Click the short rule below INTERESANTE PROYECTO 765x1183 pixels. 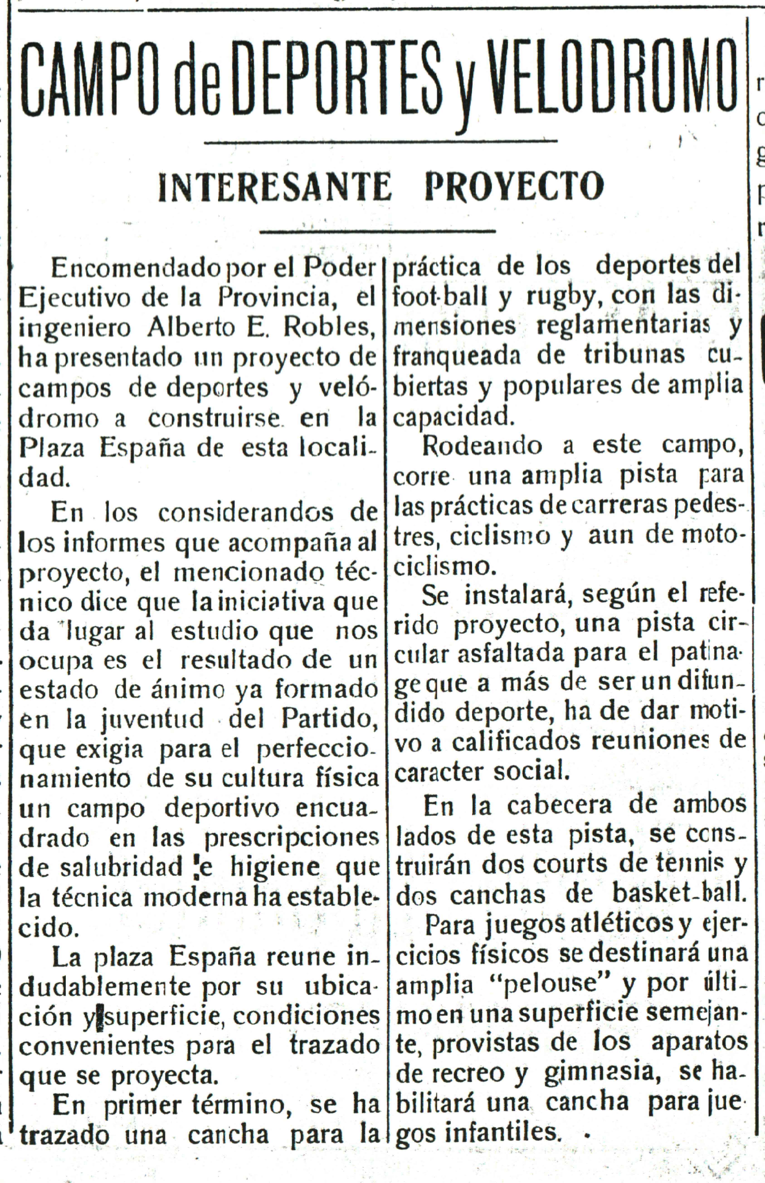[x=378, y=231]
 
